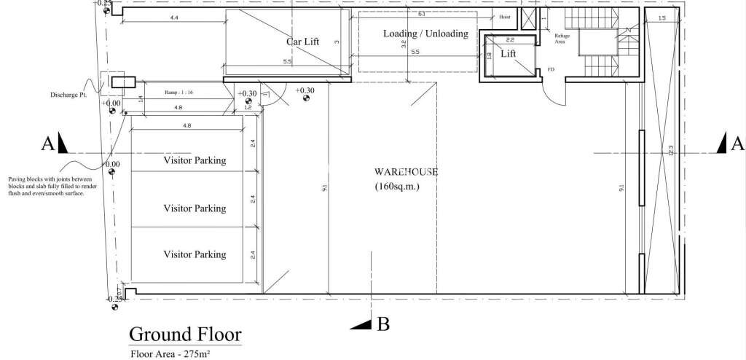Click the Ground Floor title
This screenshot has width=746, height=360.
click(x=185, y=334)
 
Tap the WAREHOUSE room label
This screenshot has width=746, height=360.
click(x=405, y=172)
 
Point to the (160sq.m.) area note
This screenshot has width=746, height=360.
click(x=397, y=187)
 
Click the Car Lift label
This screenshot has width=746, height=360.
click(x=302, y=42)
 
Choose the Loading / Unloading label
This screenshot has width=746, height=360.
click(x=425, y=34)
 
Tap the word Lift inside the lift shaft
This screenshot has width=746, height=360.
click(x=509, y=54)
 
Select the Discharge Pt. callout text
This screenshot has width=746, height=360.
click(x=68, y=95)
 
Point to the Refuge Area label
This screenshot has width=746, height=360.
click(x=562, y=39)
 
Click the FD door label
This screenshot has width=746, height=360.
click(x=551, y=70)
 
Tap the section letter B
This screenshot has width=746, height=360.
click(x=383, y=324)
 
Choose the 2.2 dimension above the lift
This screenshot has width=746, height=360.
click(x=510, y=39)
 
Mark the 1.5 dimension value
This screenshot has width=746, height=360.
click(x=661, y=18)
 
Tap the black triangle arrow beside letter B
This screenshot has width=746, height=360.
click(x=361, y=323)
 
